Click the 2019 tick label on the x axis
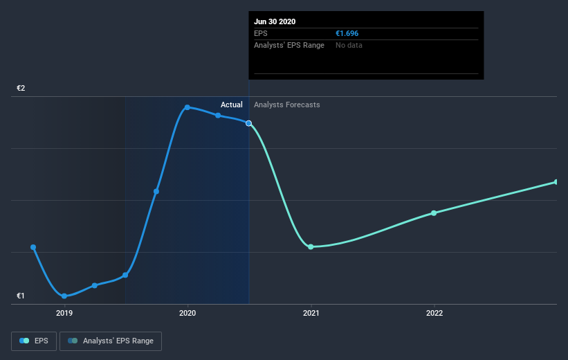[64, 313]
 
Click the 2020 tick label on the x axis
[187, 313]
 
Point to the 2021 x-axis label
[311, 313]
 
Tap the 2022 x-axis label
[434, 313]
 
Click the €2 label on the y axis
[21, 89]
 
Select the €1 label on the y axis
[21, 296]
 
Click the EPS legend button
[34, 341]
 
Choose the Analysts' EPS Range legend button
[111, 341]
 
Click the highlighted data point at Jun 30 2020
[249, 123]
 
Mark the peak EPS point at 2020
[187, 107]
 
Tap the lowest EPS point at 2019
[64, 296]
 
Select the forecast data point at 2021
[311, 246]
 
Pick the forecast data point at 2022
[434, 213]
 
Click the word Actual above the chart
[232, 105]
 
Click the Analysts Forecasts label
[287, 105]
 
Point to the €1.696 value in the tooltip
[347, 33]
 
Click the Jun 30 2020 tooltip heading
[275, 21]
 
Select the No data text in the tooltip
[349, 45]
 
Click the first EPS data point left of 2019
[33, 247]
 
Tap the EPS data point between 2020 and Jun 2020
[218, 116]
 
